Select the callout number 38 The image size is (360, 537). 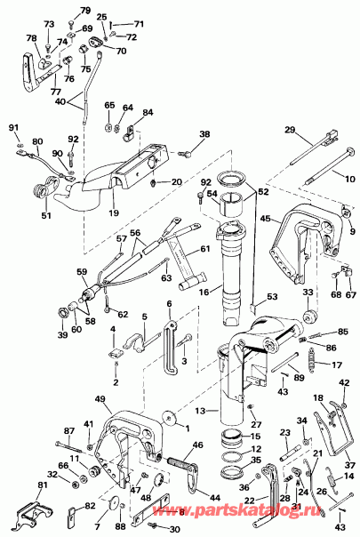pyautogui.click(x=205, y=135)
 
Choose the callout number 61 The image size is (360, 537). pyautogui.click(x=204, y=249)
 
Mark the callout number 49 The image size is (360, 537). pyautogui.click(x=100, y=399)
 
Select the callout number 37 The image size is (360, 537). pyautogui.click(x=349, y=464)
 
